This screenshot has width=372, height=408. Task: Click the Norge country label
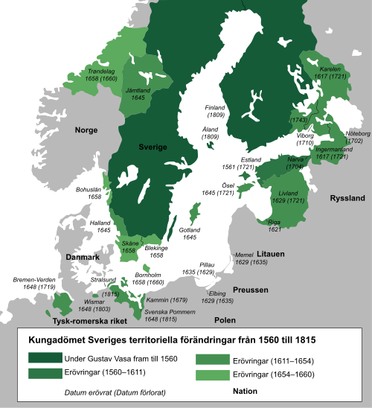[86, 130]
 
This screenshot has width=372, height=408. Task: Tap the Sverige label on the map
[154, 147]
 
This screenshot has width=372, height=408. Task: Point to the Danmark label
[83, 257]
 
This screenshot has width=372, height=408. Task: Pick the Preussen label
[248, 289]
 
